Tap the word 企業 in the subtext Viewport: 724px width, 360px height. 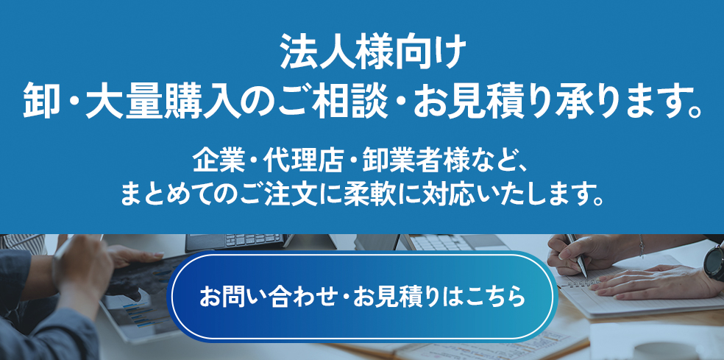pos(214,160)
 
